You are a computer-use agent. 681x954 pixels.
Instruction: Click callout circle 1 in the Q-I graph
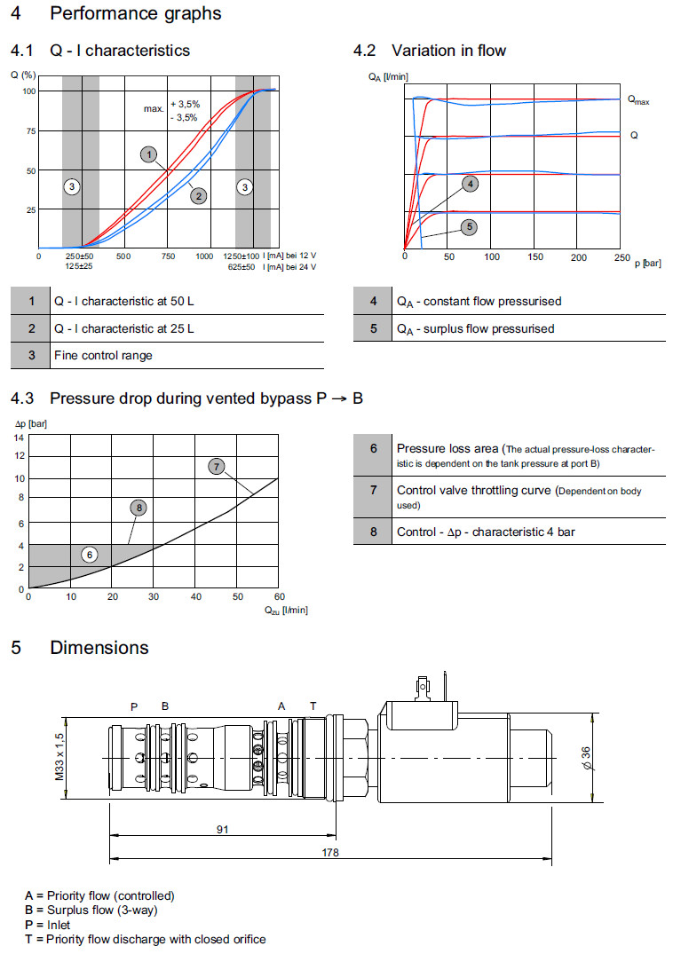149,154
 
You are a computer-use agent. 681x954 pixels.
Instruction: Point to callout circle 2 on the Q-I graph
199,195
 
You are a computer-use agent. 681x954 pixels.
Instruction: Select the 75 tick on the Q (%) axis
29,130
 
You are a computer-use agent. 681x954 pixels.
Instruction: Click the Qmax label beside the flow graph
638,101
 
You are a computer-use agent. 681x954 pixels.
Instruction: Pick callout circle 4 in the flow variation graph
471,184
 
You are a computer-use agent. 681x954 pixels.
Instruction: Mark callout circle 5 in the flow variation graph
469,226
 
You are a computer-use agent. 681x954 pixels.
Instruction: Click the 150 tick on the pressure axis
535,256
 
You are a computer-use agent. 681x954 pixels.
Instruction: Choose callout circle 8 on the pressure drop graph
138,508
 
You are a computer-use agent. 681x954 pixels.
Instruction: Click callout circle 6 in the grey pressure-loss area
90,555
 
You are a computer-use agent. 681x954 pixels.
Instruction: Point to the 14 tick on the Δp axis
20,437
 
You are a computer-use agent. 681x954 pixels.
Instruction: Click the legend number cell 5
374,328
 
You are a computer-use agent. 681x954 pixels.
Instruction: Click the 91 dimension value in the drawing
223,829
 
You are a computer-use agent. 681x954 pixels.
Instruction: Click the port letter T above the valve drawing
313,706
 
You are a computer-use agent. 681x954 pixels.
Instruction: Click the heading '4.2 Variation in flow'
430,51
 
